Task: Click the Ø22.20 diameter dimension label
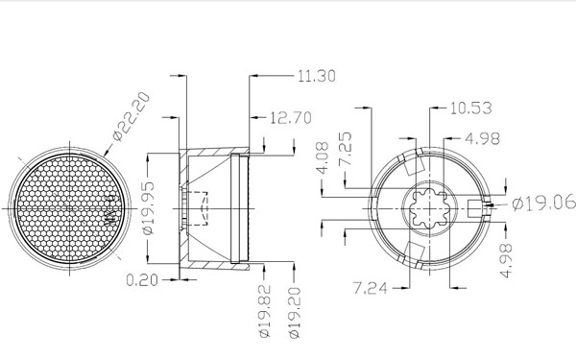[x=132, y=117]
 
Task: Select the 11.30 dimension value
[x=316, y=76]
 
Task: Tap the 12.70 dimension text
[x=291, y=118]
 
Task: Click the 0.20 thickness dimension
[x=142, y=280]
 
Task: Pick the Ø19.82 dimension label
[x=265, y=311]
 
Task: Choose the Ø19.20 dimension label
[x=295, y=312]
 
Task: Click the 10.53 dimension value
[x=471, y=108]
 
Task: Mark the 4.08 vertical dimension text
[x=323, y=158]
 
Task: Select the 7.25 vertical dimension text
[x=346, y=149]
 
